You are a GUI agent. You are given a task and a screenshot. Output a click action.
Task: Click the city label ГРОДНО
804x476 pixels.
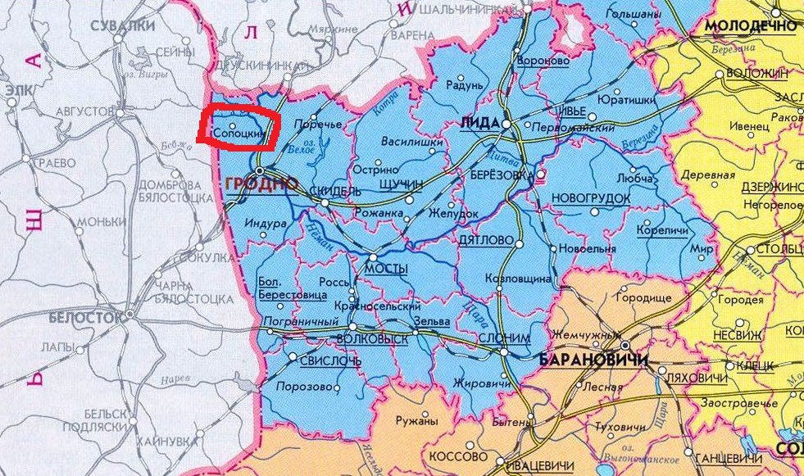click(261, 184)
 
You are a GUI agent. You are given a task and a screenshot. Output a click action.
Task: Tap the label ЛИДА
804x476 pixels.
click(480, 122)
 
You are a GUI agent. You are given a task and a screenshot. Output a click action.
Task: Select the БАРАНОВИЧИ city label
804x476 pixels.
click(588, 360)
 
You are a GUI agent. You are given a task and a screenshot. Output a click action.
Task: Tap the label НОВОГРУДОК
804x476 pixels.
click(592, 199)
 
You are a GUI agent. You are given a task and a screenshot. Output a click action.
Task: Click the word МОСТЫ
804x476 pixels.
click(385, 269)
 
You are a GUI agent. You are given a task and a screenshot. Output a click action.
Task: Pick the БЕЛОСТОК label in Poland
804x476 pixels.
click(85, 316)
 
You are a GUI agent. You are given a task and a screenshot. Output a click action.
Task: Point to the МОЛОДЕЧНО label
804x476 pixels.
click(751, 25)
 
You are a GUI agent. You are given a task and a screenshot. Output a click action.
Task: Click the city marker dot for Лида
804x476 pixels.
click(506, 124)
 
